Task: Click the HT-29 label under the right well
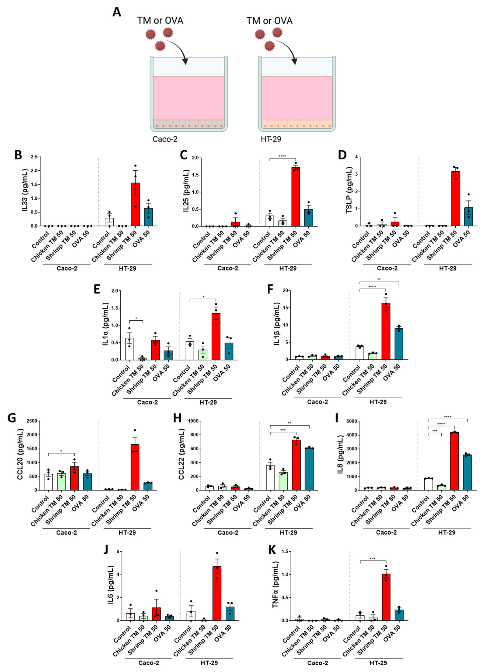pyautogui.click(x=271, y=139)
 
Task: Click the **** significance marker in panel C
pyautogui.click(x=282, y=156)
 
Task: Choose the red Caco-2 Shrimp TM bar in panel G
pyautogui.click(x=74, y=478)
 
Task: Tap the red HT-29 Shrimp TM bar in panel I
pyautogui.click(x=454, y=461)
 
